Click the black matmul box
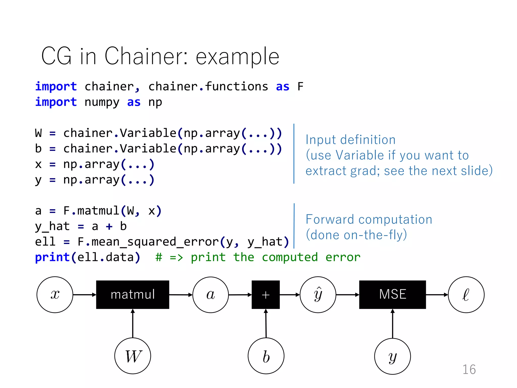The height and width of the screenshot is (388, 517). [133, 295]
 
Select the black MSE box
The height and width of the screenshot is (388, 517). [392, 295]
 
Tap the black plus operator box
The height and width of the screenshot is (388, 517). [266, 295]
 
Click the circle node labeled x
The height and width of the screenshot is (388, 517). [55, 295]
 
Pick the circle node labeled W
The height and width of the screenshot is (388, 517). [133, 356]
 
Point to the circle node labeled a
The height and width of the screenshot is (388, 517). [211, 295]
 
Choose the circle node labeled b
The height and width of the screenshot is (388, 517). [266, 356]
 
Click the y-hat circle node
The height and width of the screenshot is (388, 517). [318, 295]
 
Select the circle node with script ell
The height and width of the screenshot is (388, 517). [466, 295]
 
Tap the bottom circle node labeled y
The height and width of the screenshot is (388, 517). [392, 356]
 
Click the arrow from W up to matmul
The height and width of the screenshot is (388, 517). [133, 323]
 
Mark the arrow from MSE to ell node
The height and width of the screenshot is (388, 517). [437, 295]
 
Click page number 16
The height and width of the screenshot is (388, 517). [469, 369]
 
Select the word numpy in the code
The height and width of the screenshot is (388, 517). [102, 102]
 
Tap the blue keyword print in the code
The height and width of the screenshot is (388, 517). [52, 257]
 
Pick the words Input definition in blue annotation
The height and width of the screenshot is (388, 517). [350, 140]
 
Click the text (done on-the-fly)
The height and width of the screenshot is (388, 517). [356, 235]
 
